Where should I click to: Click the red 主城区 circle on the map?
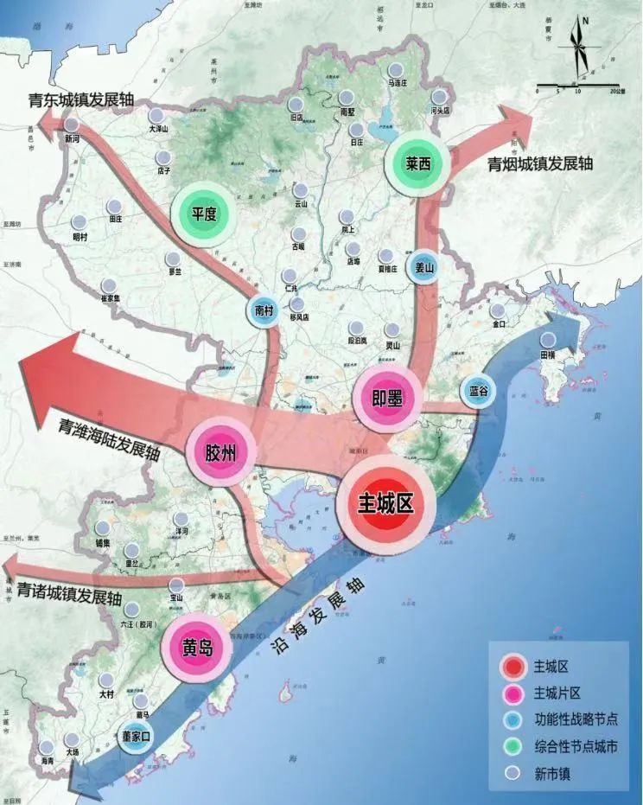(385, 505)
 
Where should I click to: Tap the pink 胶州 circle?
(215, 452)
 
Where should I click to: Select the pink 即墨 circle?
(386, 398)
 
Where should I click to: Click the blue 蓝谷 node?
(478, 391)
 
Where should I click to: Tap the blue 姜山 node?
(423, 267)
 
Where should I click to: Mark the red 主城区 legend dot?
(513, 667)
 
